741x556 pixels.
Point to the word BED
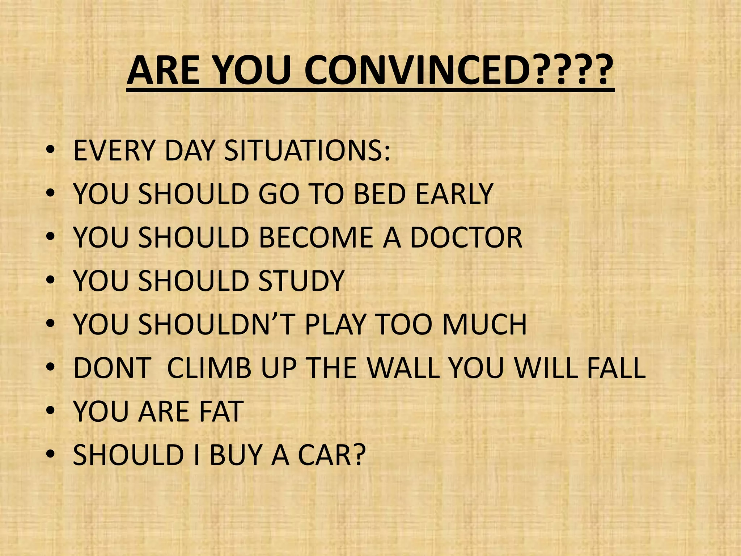[x=380, y=194]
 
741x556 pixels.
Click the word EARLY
[x=454, y=194]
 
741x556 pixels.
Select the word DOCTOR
[x=466, y=237]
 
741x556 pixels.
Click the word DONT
[x=112, y=368]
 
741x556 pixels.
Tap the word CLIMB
[x=209, y=368]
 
